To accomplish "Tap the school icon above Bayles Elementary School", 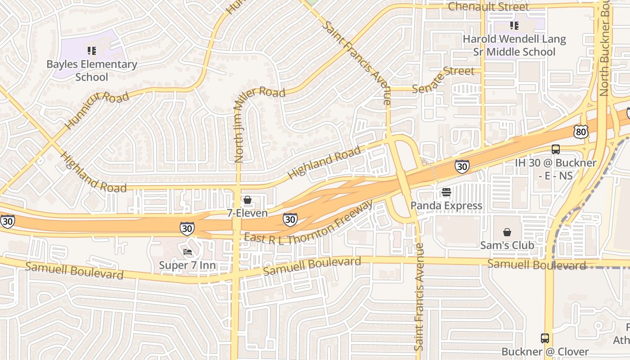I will tap(92, 51).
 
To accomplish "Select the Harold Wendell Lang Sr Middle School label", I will tap(514, 45).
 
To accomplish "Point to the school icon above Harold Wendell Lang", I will tap(514, 26).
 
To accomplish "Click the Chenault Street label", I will tap(489, 7).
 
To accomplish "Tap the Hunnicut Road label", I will tap(96, 110).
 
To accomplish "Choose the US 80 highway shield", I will tap(580, 131).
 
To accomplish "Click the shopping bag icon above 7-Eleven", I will tap(247, 200).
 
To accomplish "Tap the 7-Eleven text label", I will tap(247, 213).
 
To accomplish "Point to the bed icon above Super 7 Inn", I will tap(188, 252).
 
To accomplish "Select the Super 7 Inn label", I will tap(188, 265).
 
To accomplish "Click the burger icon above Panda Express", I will tap(446, 193).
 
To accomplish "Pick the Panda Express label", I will tap(446, 206).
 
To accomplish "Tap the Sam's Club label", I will tap(507, 245).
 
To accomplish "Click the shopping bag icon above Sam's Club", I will tap(507, 232).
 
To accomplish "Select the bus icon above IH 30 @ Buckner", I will tap(556, 149).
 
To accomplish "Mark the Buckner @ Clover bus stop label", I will tap(545, 351).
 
